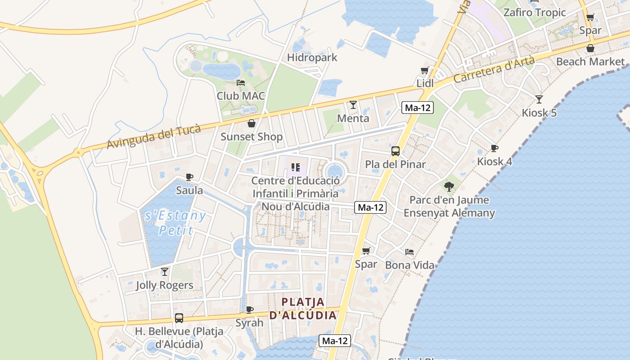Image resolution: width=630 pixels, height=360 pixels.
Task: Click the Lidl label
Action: click(425, 83)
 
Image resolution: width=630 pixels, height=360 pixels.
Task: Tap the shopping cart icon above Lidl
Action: click(424, 71)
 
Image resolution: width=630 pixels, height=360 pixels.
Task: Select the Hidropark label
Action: click(312, 58)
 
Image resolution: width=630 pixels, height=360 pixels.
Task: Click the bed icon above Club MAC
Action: click(241, 83)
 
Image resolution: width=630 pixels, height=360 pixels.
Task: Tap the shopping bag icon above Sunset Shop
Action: click(252, 123)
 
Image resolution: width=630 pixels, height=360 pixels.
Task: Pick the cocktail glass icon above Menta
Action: click(353, 105)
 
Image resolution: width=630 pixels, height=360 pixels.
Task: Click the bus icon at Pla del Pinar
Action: click(395, 151)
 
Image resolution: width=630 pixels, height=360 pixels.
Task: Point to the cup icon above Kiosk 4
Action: click(495, 148)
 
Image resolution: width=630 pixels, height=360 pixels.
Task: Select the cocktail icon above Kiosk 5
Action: click(539, 99)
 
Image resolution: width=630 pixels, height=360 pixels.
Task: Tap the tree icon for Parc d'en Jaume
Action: click(449, 186)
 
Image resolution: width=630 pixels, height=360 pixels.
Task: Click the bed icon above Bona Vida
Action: click(409, 252)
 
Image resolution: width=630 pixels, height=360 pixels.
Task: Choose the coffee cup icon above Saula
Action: click(189, 177)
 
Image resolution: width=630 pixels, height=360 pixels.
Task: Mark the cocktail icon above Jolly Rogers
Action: click(165, 271)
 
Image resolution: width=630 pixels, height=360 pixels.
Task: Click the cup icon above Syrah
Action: click(250, 310)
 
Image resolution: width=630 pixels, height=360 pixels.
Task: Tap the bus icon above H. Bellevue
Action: click(179, 318)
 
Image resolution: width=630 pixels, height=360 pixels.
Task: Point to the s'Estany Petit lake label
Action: click(175, 223)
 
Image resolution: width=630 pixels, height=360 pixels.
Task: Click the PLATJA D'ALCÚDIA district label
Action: click(303, 308)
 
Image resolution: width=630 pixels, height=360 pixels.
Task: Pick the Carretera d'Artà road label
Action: click(494, 69)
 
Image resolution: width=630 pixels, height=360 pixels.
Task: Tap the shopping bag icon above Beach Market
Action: click(590, 48)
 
